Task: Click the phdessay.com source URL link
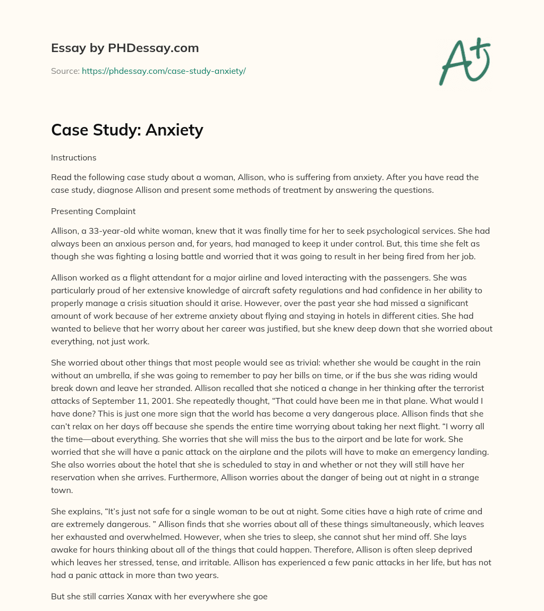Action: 164,71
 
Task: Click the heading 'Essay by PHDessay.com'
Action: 125,48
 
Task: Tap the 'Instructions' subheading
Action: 74,157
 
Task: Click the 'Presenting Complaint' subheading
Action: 93,211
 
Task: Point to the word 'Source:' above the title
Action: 65,71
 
